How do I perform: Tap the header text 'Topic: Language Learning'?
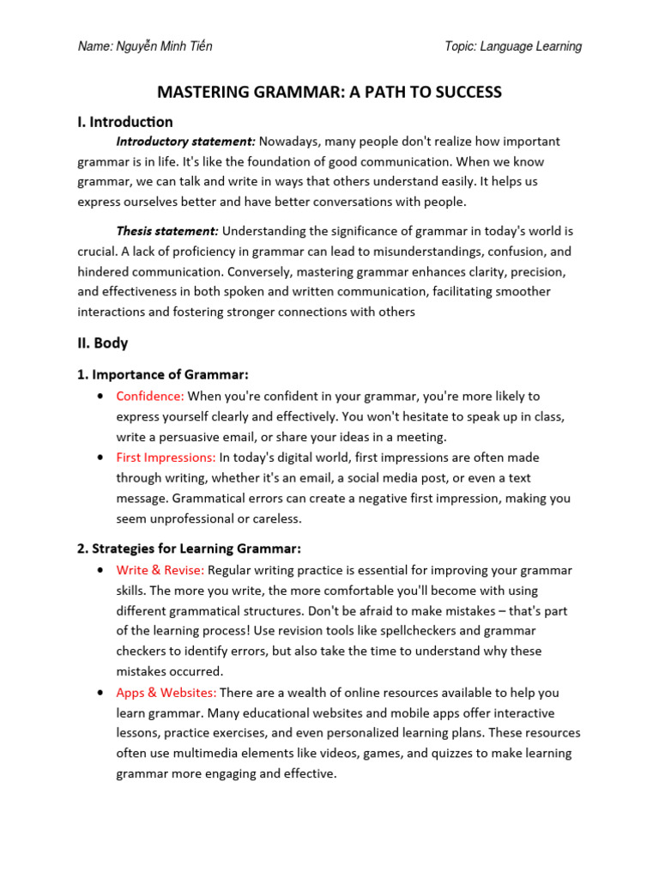coord(512,46)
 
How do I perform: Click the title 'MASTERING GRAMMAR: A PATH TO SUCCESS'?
coord(329,92)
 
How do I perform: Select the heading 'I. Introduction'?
coord(125,122)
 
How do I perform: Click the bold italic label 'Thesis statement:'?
coord(167,232)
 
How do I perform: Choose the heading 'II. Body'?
coord(102,343)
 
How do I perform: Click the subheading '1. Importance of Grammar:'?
coord(163,375)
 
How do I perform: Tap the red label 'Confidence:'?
coord(150,396)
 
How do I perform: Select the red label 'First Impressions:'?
coord(166,458)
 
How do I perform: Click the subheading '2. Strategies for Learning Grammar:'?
coord(190,549)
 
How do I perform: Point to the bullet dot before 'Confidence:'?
coord(102,397)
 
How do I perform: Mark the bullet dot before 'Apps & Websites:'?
coord(102,693)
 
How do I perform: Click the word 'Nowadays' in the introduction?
coord(287,142)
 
